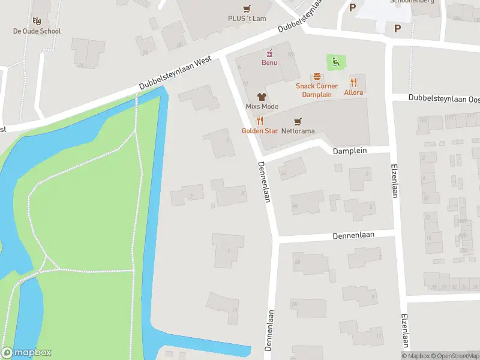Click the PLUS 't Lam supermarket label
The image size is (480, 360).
(x=247, y=19)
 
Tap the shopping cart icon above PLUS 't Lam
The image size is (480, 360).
(x=247, y=8)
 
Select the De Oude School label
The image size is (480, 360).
(x=37, y=31)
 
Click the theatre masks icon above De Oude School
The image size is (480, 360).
(x=37, y=21)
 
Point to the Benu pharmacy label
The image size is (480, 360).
(x=269, y=62)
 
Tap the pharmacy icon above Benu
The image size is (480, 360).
(x=269, y=52)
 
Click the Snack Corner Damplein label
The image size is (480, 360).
(x=316, y=90)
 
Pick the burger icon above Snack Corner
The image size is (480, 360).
(x=316, y=77)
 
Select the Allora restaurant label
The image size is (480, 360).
(x=353, y=92)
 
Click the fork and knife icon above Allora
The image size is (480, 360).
(x=353, y=82)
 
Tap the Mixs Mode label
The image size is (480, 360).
(x=262, y=106)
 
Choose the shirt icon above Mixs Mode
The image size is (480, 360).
(x=262, y=96)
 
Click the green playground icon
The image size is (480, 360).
(x=335, y=61)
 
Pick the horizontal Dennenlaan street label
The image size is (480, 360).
(x=354, y=236)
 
